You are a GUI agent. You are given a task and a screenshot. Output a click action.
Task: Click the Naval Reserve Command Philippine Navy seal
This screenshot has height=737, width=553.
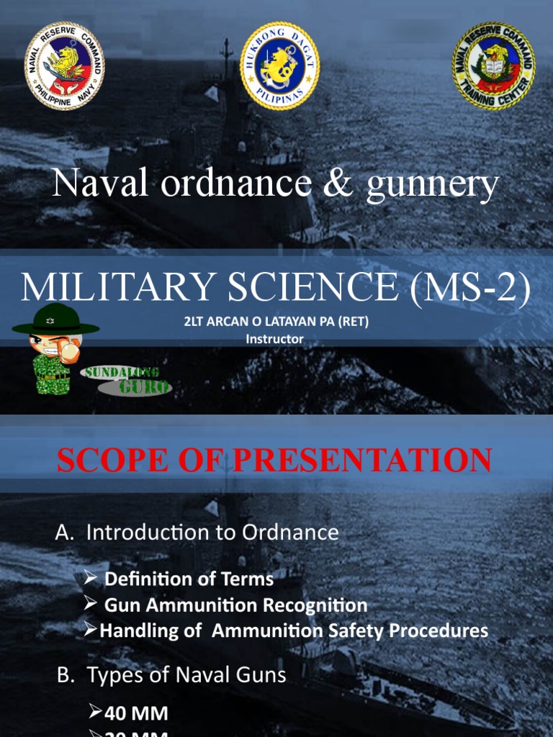point(64,66)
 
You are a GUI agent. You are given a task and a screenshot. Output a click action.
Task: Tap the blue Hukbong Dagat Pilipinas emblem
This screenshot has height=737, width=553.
point(279,66)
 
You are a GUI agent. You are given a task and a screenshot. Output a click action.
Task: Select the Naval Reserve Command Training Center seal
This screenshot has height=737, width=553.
point(493,66)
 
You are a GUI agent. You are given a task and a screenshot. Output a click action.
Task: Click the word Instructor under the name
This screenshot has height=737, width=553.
point(275,338)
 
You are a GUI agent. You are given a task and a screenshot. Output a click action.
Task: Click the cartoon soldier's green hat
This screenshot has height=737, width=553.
point(55,325)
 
